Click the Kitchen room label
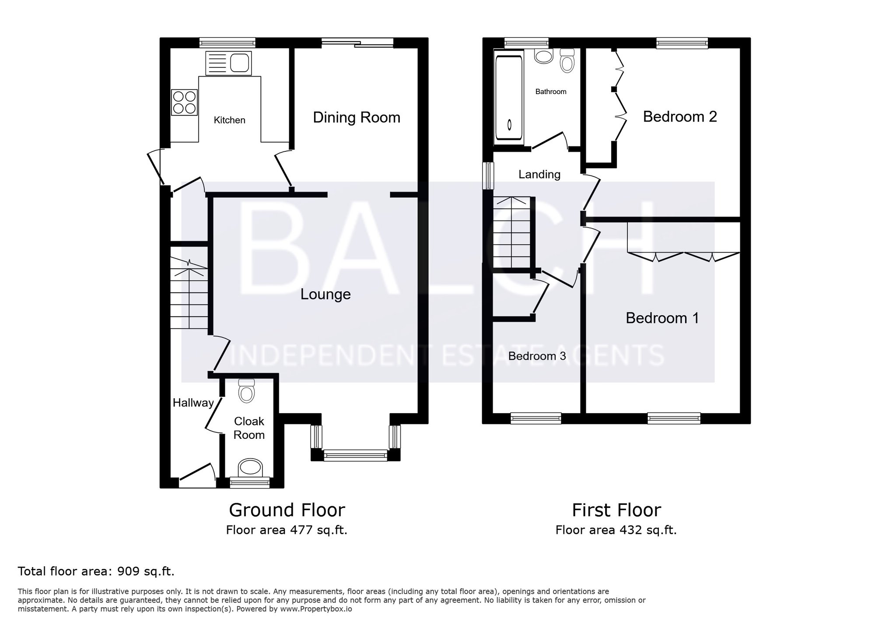229,120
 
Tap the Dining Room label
357,118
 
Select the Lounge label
325,294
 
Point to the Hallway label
193,403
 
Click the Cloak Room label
249,428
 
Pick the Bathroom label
551,91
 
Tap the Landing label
539,175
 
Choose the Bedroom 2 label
680,117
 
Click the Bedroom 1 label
662,318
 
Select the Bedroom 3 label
537,356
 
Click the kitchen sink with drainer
228,63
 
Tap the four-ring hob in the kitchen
184,102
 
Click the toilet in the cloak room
247,390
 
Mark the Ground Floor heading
287,510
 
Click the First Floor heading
616,510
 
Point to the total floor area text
96,571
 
